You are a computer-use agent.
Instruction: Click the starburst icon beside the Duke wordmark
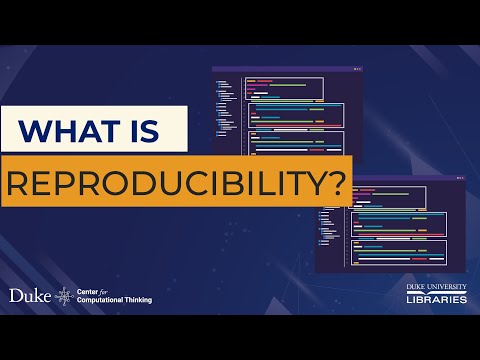coord(65,296)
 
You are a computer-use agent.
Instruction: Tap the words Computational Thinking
coord(116,300)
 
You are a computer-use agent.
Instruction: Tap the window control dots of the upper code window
coord(357,69)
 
